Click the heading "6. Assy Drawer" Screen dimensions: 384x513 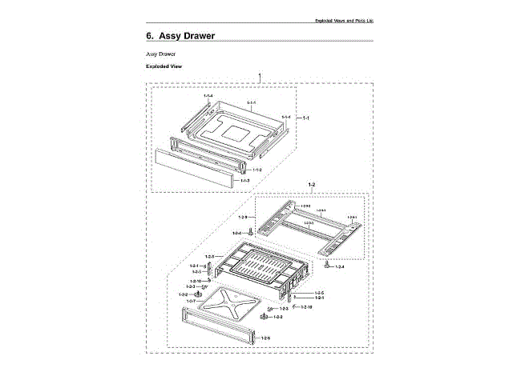[180, 36]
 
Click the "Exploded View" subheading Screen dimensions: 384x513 [164, 66]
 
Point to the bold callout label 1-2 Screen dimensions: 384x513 [312, 185]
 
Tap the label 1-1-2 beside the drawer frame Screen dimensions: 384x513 [256, 170]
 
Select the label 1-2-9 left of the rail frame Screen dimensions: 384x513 [243, 217]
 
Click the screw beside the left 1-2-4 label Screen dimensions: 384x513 [251, 232]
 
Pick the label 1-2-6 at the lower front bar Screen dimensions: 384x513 [265, 338]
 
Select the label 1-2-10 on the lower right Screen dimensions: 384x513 [306, 308]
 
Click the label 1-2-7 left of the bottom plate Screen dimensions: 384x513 [191, 301]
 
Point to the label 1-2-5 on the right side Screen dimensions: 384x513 [319, 293]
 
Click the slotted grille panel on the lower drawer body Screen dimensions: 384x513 [255, 265]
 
